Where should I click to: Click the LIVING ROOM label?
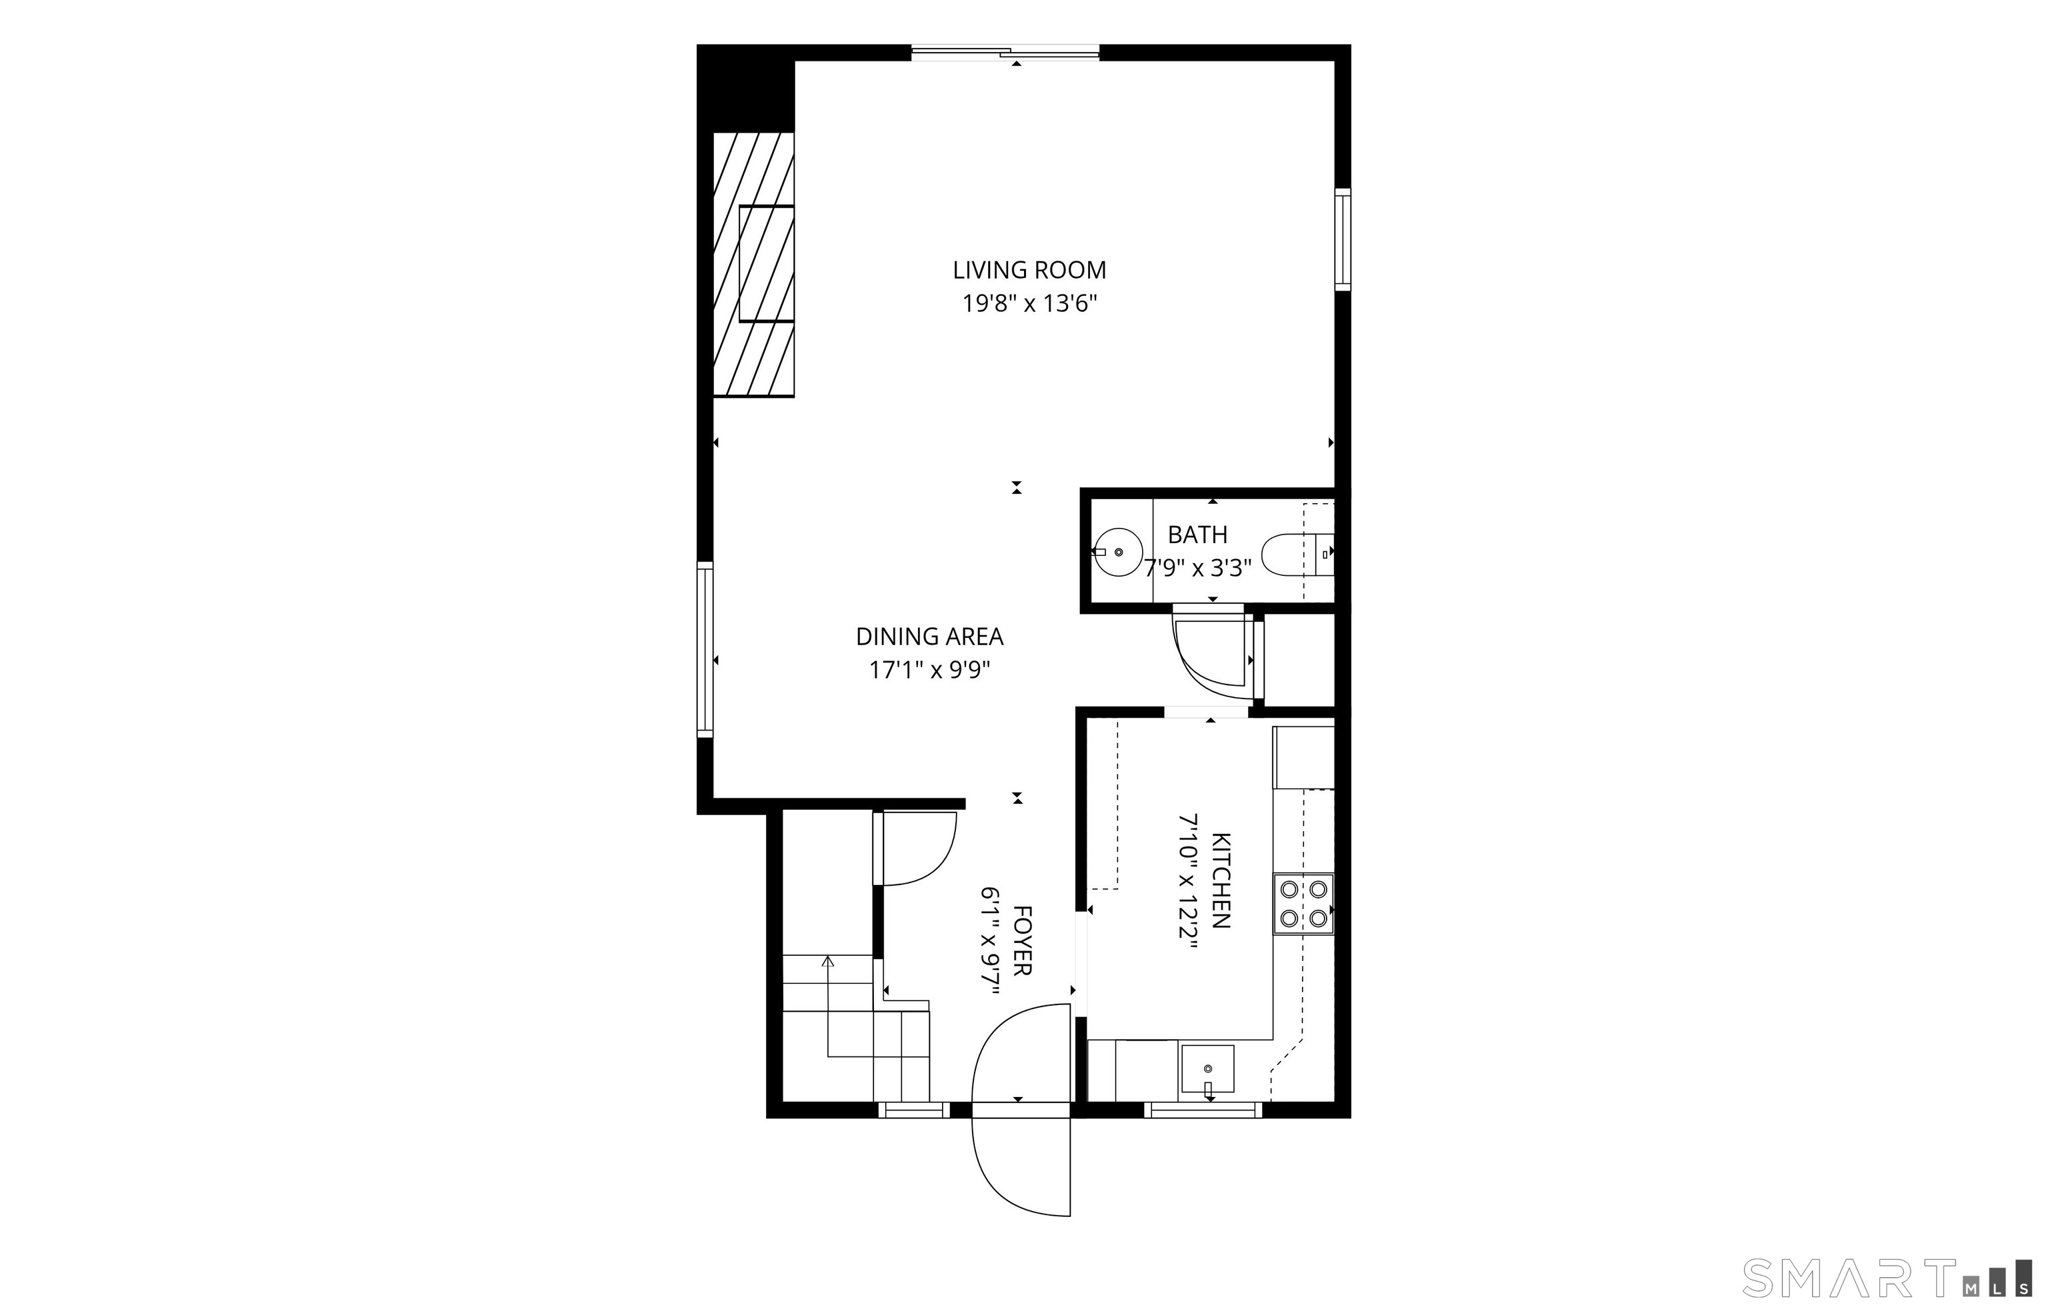[x=1029, y=271]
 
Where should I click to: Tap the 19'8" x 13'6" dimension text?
[x=1029, y=303]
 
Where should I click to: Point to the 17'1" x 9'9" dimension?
[x=929, y=670]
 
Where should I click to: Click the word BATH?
[x=1197, y=535]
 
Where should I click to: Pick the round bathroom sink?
[x=1118, y=553]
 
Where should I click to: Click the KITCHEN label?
[x=1221, y=880]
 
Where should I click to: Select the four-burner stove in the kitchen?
[x=1303, y=904]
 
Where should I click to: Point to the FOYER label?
[x=1021, y=940]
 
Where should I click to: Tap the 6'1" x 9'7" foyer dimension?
[x=989, y=940]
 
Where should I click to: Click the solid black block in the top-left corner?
[x=746, y=88]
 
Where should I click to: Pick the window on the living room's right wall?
[x=1343, y=239]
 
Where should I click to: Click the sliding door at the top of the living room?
[x=1005, y=53]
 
